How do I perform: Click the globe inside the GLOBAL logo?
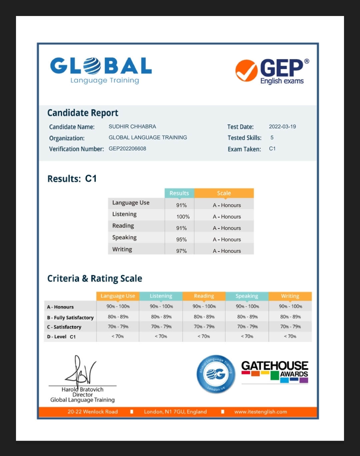coord(92,66)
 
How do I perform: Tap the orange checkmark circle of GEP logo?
coord(246,70)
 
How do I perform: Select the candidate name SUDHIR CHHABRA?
coord(132,127)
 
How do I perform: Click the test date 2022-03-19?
coord(282,127)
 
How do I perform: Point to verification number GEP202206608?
coord(127,149)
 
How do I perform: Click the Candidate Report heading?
coord(83,113)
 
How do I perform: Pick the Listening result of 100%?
coord(183,217)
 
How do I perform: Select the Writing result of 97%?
coord(181,251)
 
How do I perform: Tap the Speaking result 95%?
coord(181,240)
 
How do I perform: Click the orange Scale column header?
coord(224,193)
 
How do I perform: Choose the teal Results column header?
coord(179,193)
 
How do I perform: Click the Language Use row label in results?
coord(131,203)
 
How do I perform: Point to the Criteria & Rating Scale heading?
coord(95,279)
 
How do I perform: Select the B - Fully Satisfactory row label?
coord(70,318)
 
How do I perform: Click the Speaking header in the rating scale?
coord(247,296)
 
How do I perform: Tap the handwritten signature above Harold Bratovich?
coord(80,371)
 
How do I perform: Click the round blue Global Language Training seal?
coord(216,374)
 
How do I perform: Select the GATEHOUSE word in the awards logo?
coord(275,366)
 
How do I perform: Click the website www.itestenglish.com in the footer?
coord(260,412)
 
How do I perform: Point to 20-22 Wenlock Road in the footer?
coord(93,412)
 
